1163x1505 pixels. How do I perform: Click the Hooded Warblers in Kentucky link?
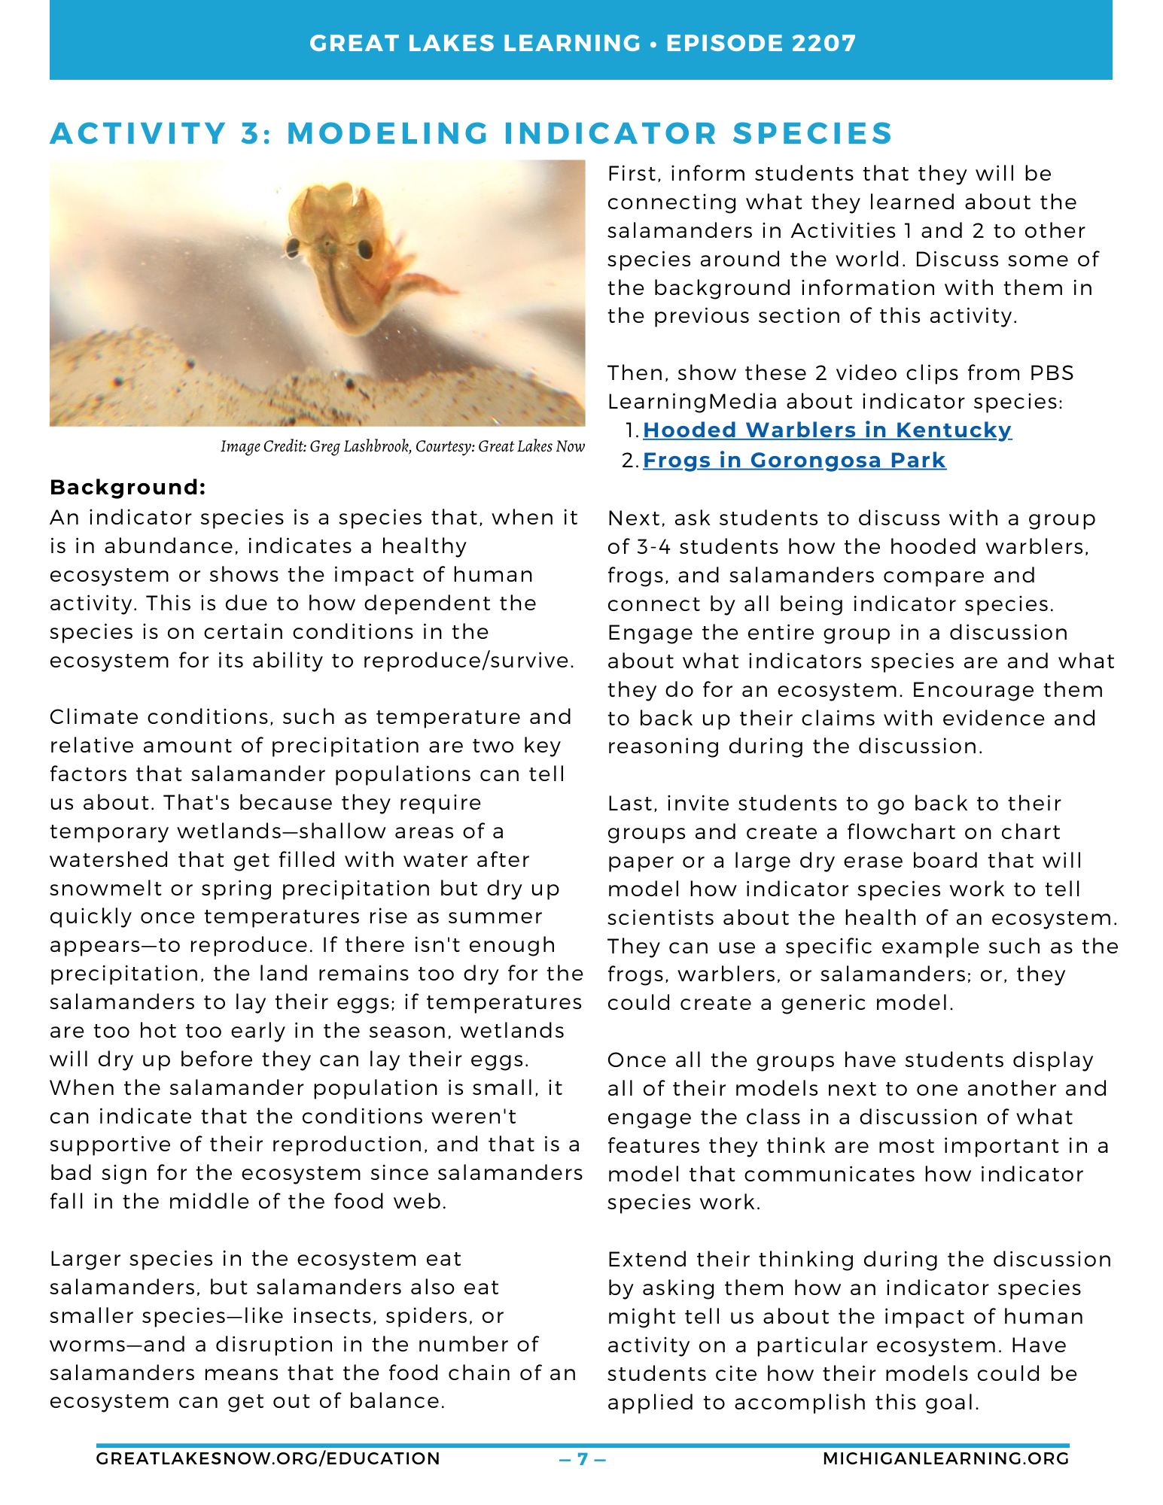(x=827, y=430)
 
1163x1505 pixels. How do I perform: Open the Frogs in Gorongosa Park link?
(x=794, y=461)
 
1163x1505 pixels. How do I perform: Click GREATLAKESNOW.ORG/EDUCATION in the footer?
(x=268, y=1459)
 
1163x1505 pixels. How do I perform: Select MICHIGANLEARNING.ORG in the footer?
(x=945, y=1459)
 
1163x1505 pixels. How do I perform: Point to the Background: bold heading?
(x=127, y=488)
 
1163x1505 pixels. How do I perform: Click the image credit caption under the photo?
(x=402, y=447)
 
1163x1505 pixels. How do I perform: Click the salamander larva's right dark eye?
(x=365, y=248)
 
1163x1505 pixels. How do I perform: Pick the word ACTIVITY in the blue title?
(x=139, y=134)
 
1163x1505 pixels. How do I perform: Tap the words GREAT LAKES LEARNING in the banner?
(x=474, y=43)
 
